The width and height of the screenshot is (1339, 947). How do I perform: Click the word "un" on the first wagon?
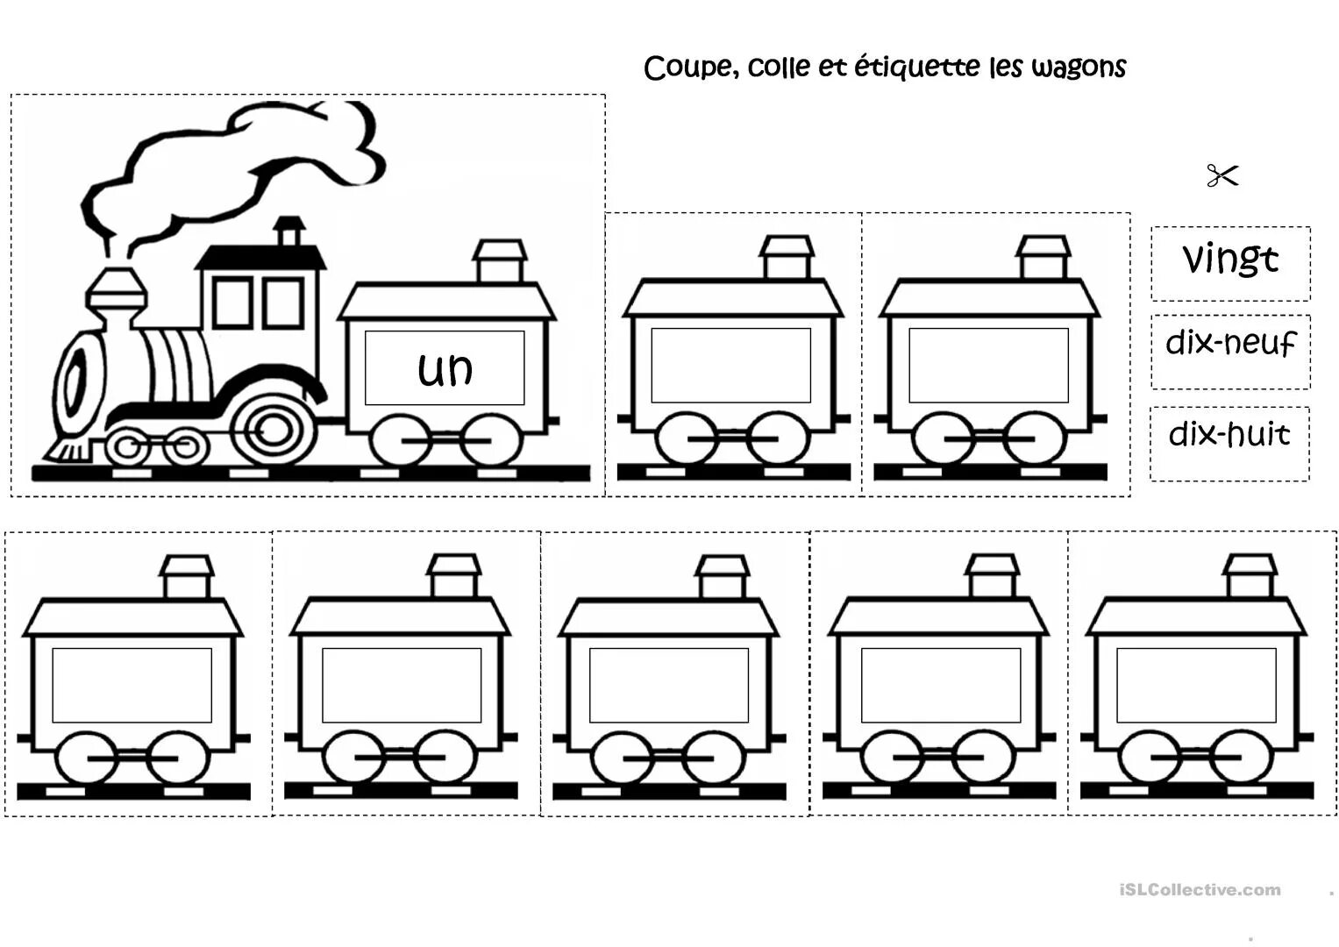tap(445, 369)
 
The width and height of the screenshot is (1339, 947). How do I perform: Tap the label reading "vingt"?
tap(1230, 260)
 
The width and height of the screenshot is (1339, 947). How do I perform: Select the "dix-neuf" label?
tap(1230, 343)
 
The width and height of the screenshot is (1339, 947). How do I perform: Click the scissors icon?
tap(1222, 176)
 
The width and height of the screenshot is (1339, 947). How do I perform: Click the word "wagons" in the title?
tap(1079, 68)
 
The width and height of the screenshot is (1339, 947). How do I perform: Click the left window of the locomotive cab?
tap(232, 303)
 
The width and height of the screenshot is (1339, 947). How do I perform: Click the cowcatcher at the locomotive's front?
tap(68, 449)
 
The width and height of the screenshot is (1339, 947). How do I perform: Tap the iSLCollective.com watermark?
tap(1200, 890)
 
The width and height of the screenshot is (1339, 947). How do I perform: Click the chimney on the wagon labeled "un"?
tap(500, 260)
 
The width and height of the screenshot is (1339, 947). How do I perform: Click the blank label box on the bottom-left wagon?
tap(132, 685)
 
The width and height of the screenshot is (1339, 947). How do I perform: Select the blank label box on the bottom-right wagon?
tap(1196, 685)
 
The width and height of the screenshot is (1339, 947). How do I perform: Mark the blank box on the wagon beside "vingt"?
tap(988, 365)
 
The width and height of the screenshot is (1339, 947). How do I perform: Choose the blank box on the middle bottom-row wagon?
tap(668, 685)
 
